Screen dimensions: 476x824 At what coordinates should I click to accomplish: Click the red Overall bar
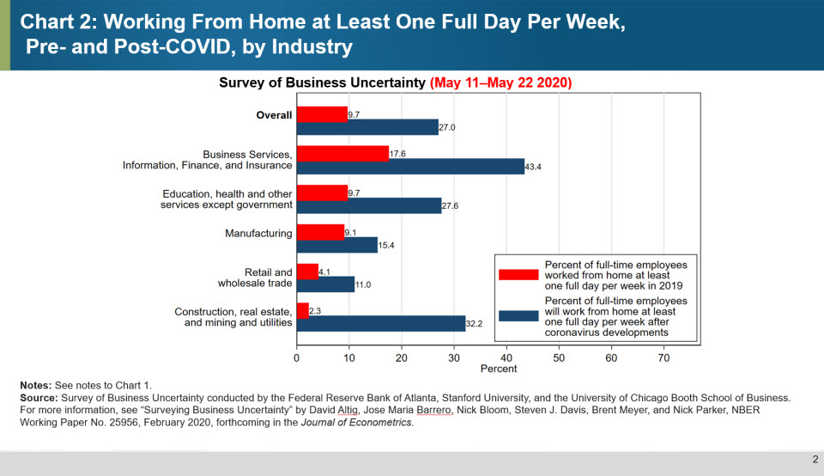pyautogui.click(x=322, y=114)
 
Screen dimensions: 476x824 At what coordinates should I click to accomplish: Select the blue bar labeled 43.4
pyautogui.click(x=410, y=166)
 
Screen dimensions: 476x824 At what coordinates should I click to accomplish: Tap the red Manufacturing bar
pyautogui.click(x=320, y=232)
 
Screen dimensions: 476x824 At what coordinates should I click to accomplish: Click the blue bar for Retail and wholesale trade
pyautogui.click(x=325, y=285)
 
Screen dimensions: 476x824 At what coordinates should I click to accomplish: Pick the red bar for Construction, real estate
pyautogui.click(x=302, y=310)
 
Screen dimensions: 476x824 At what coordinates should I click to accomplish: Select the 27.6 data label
pyautogui.click(x=452, y=206)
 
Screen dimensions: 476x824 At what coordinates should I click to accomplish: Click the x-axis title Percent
pyautogui.click(x=499, y=369)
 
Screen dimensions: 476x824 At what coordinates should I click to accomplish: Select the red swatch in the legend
pyautogui.click(x=519, y=274)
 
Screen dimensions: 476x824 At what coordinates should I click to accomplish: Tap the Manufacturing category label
pyautogui.click(x=258, y=233)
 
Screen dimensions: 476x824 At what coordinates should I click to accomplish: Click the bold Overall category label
pyautogui.click(x=274, y=115)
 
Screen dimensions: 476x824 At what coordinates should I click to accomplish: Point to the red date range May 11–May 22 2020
pyautogui.click(x=502, y=82)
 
